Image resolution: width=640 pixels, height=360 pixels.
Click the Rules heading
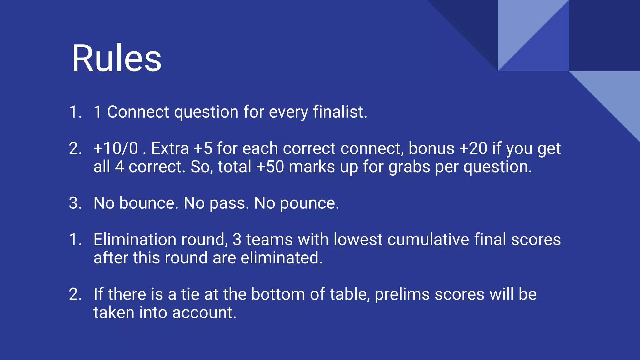pyautogui.click(x=117, y=58)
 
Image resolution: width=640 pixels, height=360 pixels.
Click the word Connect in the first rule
pyautogui.click(x=138, y=112)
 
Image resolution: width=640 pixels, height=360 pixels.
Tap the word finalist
pyautogui.click(x=340, y=112)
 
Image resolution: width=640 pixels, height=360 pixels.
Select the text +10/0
pyautogui.click(x=116, y=148)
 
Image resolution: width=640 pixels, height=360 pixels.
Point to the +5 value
pyautogui.click(x=203, y=148)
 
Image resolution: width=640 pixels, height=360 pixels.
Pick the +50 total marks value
pyautogui.click(x=270, y=167)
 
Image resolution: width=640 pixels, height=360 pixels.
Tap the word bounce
pyautogui.click(x=149, y=203)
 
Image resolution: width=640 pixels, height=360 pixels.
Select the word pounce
pyautogui.click(x=309, y=204)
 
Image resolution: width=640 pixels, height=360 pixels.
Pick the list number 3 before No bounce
pyautogui.click(x=75, y=203)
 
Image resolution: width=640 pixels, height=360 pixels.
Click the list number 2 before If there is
pyautogui.click(x=75, y=295)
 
